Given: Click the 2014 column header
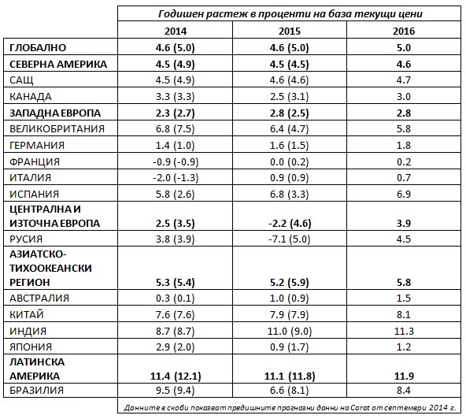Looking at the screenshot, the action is (176, 31).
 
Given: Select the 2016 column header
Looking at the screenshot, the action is (404, 31).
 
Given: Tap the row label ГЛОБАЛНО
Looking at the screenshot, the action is (38, 47).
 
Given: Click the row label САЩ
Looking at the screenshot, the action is (21, 80).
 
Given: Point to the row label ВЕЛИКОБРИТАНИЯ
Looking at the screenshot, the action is (57, 128).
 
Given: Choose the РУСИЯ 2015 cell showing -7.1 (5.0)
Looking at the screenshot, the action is (289, 239).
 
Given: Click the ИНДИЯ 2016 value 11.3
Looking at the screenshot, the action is (404, 331).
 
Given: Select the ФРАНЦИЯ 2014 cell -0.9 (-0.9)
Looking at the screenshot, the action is (176, 161).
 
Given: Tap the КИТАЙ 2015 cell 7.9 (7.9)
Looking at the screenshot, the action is (289, 314).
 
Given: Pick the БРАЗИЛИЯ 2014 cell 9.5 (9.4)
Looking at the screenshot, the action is (176, 390).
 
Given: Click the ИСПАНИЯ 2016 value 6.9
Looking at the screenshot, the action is (404, 194).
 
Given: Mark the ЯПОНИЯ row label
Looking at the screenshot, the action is (31, 347).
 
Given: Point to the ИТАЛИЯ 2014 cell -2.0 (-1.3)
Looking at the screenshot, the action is (176, 177).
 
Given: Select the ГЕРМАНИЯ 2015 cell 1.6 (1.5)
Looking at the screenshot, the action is (289, 145).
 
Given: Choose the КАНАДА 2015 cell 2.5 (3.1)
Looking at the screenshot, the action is (289, 96).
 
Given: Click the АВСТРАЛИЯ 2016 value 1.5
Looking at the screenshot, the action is (404, 298).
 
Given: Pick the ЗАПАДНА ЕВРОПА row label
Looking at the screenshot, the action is (55, 113).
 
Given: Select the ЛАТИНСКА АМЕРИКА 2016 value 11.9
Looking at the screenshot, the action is (404, 376).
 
